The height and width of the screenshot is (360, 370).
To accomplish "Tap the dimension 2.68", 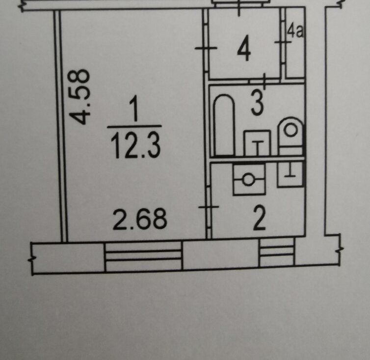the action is click(140, 220).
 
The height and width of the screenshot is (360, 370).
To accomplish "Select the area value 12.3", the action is click(135, 145).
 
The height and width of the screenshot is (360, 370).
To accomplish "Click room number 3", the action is click(257, 104).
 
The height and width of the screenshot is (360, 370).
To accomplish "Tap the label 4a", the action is click(295, 31).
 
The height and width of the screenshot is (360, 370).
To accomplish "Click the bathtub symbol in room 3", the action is click(224, 125).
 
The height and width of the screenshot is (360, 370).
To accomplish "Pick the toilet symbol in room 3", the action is click(291, 137).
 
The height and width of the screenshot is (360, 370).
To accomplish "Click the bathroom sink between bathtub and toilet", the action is click(258, 143).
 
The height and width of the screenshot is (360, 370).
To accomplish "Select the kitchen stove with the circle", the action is click(249, 180).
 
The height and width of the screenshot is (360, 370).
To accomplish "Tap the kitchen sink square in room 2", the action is click(290, 174).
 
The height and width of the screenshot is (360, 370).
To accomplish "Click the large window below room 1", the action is click(143, 256).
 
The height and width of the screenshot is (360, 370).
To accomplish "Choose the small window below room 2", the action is click(277, 253).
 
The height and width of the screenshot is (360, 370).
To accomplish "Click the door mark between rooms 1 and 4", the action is click(206, 48).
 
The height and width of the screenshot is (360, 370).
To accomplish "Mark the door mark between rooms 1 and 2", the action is click(209, 207).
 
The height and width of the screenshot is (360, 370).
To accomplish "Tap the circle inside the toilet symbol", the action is click(291, 130).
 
